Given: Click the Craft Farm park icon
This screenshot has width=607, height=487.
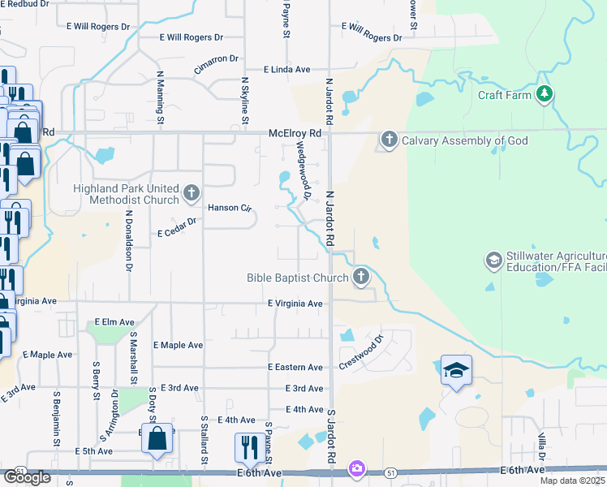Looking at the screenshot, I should click(545, 95).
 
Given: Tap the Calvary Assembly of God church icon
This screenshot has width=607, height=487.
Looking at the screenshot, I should click(389, 140).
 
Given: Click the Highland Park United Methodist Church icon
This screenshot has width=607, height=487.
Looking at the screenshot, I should click(192, 193).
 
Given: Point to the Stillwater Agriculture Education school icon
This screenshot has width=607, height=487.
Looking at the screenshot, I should click(493, 261).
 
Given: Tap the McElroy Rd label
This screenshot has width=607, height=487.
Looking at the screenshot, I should click(295, 132).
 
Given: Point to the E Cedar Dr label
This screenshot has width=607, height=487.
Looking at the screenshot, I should click(178, 227).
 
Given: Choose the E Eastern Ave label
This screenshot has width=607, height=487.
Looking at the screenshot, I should click(295, 367).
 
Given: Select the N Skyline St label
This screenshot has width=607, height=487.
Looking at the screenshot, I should click(244, 101).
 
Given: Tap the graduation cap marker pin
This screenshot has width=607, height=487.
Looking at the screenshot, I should click(457, 371).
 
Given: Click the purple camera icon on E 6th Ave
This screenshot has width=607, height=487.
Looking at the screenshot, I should click(356, 468).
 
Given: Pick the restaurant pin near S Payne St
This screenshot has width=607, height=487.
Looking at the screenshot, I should click(248, 446).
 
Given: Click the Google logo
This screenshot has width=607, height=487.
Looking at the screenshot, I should click(27, 477).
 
